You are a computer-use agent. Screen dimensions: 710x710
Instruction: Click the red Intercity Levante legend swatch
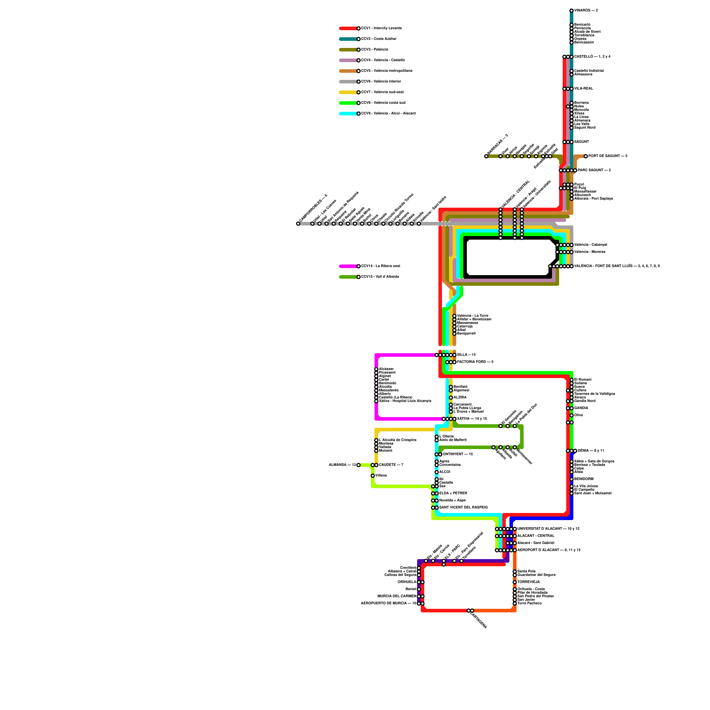(x=348, y=28)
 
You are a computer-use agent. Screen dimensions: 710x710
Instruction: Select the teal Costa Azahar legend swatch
(x=348, y=39)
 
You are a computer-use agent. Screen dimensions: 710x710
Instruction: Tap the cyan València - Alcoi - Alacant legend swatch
(x=348, y=114)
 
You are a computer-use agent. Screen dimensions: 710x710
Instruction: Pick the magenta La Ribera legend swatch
(x=348, y=266)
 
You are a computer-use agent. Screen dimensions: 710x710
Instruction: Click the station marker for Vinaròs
(x=572, y=11)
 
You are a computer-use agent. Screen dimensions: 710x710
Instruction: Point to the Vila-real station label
(x=584, y=89)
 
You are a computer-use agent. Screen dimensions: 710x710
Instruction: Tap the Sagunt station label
(x=582, y=142)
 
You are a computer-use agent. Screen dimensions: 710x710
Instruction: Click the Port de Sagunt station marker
(x=586, y=156)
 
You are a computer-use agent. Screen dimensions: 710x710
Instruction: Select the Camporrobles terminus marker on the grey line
(x=298, y=224)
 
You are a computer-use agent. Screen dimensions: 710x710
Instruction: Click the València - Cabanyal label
(x=591, y=245)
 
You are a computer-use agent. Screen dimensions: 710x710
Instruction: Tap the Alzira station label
(x=460, y=398)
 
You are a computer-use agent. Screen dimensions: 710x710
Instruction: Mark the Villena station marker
(x=373, y=476)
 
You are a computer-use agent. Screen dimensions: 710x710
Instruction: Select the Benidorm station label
(x=584, y=479)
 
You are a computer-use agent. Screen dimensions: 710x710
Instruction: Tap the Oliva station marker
(x=572, y=415)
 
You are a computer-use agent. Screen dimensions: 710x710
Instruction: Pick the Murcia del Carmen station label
(x=397, y=596)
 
